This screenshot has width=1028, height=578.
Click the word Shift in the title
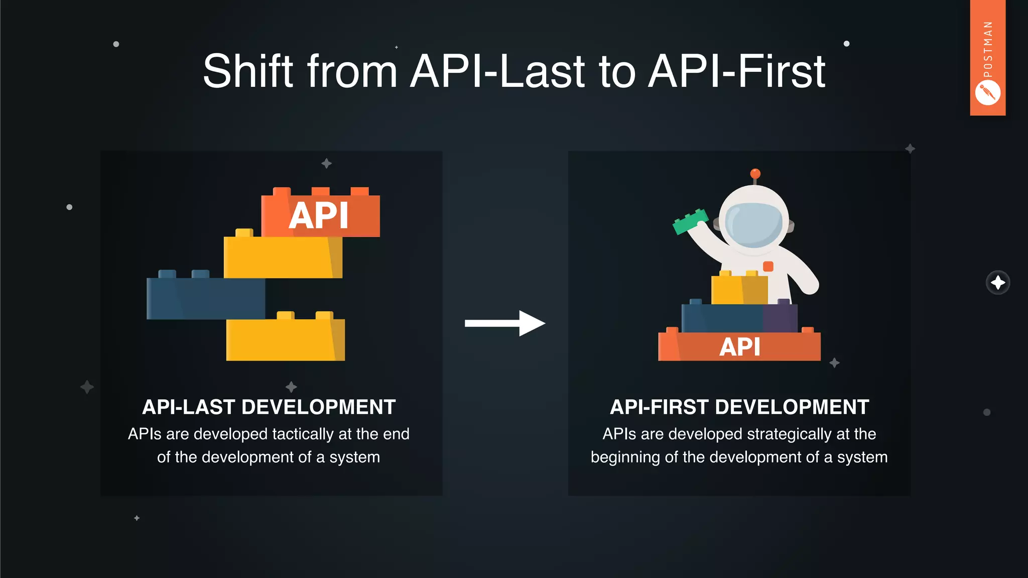tap(248, 71)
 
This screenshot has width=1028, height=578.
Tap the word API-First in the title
tap(736, 71)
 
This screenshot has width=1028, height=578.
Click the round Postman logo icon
tap(987, 93)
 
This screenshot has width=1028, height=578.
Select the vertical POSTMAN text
tap(988, 49)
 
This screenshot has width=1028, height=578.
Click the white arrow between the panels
tap(504, 323)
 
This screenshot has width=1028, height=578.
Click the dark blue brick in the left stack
tap(205, 298)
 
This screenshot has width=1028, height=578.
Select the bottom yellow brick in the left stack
tap(285, 339)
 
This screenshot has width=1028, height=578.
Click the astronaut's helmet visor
tap(754, 224)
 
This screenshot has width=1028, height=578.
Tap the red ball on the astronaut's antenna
tap(755, 174)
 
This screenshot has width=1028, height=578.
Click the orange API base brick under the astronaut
tap(739, 347)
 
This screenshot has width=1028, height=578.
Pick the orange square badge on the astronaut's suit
tap(768, 266)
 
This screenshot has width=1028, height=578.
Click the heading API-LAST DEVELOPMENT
tap(269, 407)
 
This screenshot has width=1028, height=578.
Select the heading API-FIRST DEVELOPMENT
tap(739, 407)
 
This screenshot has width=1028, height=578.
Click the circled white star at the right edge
tap(997, 282)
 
